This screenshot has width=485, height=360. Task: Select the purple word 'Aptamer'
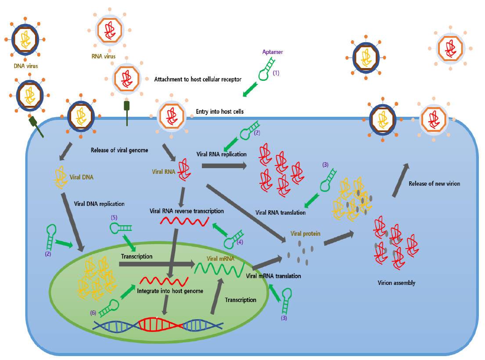(272, 52)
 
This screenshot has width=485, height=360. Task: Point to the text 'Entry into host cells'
(220, 112)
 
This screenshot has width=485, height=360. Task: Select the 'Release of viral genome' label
(119, 150)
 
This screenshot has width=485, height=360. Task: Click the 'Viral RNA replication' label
(222, 155)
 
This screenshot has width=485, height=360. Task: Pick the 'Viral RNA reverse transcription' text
(187, 211)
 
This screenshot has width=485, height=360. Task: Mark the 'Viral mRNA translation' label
(273, 276)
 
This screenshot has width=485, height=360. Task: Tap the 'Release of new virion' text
(435, 184)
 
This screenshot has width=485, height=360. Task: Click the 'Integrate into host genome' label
(164, 291)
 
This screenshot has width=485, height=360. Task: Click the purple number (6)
(93, 312)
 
